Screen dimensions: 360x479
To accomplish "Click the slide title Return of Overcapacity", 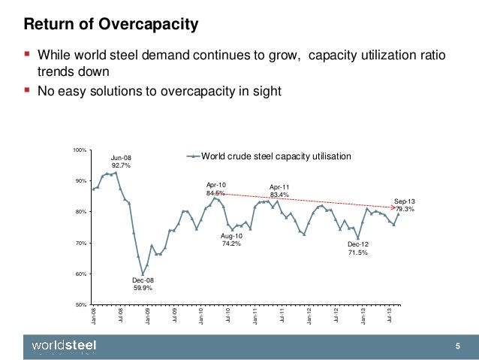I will [112, 26].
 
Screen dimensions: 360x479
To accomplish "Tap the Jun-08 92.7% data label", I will [121, 161].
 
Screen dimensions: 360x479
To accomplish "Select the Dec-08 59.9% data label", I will [143, 283].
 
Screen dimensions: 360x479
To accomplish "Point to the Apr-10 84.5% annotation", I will [215, 189].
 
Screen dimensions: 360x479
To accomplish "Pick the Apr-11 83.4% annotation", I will [279, 192].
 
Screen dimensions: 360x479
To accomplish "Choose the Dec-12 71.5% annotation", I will [357, 249].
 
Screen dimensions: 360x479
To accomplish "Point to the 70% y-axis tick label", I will [82, 243].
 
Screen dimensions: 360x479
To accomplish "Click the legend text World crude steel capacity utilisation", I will [276, 156].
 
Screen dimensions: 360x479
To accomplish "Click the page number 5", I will [457, 345].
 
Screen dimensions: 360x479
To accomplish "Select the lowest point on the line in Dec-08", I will [143, 274].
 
